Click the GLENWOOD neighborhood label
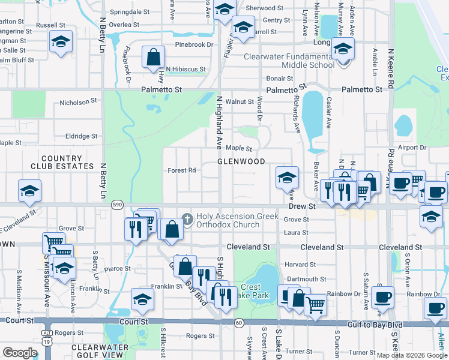point(241,162)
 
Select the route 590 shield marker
point(117,205)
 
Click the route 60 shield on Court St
point(239,324)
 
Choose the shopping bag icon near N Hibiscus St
point(154,58)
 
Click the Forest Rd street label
point(182,170)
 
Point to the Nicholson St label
point(78,103)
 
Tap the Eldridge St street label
point(81,136)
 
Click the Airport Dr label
point(411,147)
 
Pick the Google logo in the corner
point(20,353)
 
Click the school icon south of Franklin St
point(142,299)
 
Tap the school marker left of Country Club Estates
point(29,190)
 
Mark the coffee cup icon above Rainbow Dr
point(382,296)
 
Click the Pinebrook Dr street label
point(194,44)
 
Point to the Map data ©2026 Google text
point(411,355)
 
